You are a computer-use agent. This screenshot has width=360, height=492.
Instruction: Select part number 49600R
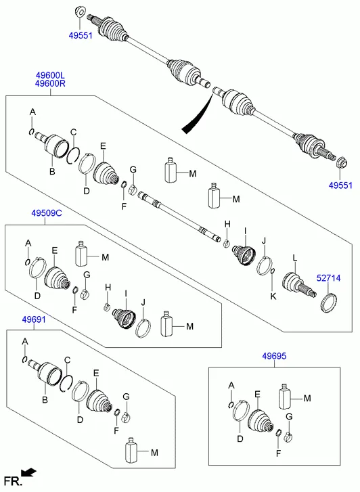(51, 84)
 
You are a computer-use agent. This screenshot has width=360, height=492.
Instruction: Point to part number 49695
(275, 355)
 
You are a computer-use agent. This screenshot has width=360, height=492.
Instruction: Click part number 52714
(330, 277)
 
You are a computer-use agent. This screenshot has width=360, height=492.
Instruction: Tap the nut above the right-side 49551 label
(341, 162)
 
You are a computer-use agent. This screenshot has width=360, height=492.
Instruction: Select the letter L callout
(294, 257)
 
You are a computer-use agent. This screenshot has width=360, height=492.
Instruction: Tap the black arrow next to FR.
(28, 472)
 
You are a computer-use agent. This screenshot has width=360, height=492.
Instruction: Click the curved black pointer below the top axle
(196, 113)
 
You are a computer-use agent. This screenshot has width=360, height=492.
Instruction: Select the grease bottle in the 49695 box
(286, 398)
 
